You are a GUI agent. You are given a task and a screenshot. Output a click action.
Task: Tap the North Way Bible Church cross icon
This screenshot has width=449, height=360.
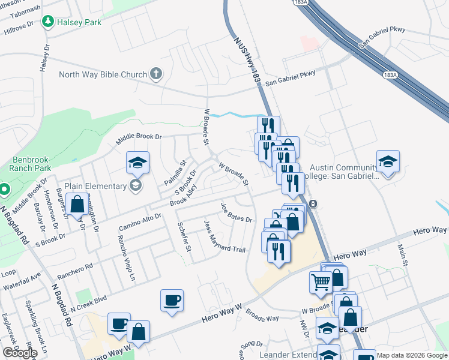pos(155,74)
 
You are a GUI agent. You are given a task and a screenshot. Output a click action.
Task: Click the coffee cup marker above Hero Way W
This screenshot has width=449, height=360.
pos(172,299)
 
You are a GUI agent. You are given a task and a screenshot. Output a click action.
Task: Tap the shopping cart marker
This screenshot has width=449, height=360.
pos(321,281)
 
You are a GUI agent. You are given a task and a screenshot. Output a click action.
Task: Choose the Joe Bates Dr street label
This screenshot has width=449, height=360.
pos(235,212)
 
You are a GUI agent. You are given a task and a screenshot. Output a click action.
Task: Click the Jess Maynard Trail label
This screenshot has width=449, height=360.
pos(225,236)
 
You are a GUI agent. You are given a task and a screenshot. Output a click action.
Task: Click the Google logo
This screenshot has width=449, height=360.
pos(20,353)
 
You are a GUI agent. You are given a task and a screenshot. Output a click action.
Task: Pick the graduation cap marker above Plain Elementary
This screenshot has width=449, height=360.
pos(137,162)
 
